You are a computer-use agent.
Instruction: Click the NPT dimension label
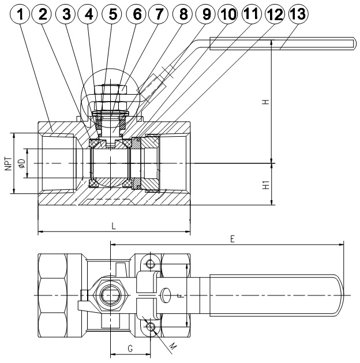(8, 163)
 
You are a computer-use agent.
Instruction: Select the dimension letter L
(114, 227)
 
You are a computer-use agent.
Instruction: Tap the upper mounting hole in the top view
(151, 264)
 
